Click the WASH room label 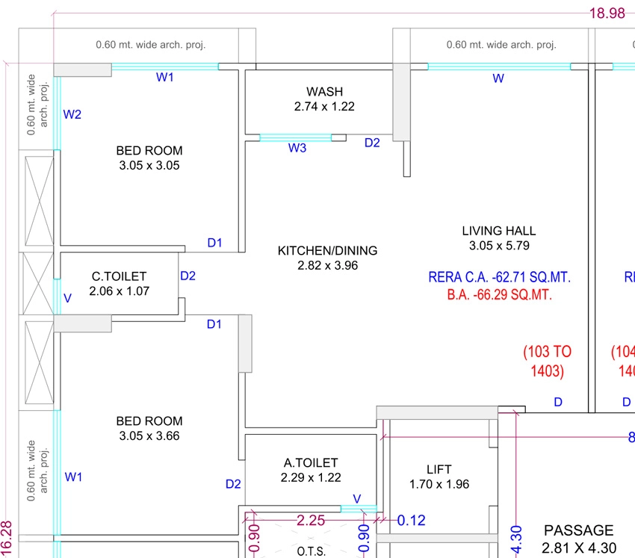(324, 92)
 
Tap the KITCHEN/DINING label (327, 251)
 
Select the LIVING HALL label (499, 231)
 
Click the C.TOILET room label (119, 276)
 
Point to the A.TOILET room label (311, 462)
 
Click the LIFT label (439, 469)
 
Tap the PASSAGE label (579, 530)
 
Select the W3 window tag (297, 148)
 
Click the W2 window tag (72, 114)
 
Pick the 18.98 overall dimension (607, 13)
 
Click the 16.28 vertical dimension (7, 539)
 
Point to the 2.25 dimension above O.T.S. (311, 520)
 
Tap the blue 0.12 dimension (411, 521)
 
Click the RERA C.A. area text (499, 277)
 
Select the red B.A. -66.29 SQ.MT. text (499, 294)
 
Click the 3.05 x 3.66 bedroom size (149, 435)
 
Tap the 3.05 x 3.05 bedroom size (149, 165)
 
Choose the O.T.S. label (311, 551)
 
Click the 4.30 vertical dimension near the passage (516, 539)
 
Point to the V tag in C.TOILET (68, 299)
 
